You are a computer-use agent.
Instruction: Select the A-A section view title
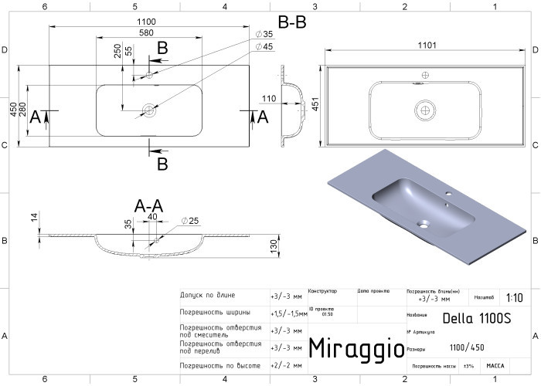pos(148,206)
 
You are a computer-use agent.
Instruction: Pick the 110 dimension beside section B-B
pos(269,99)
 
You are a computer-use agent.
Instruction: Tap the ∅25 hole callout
pos(190,222)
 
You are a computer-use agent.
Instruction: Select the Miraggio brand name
pos(356,348)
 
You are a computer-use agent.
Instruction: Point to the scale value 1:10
pos(512,297)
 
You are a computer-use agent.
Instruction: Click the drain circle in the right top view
pos(424,109)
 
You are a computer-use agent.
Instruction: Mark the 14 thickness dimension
pos(34,218)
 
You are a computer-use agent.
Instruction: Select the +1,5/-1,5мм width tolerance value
pos(288,314)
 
